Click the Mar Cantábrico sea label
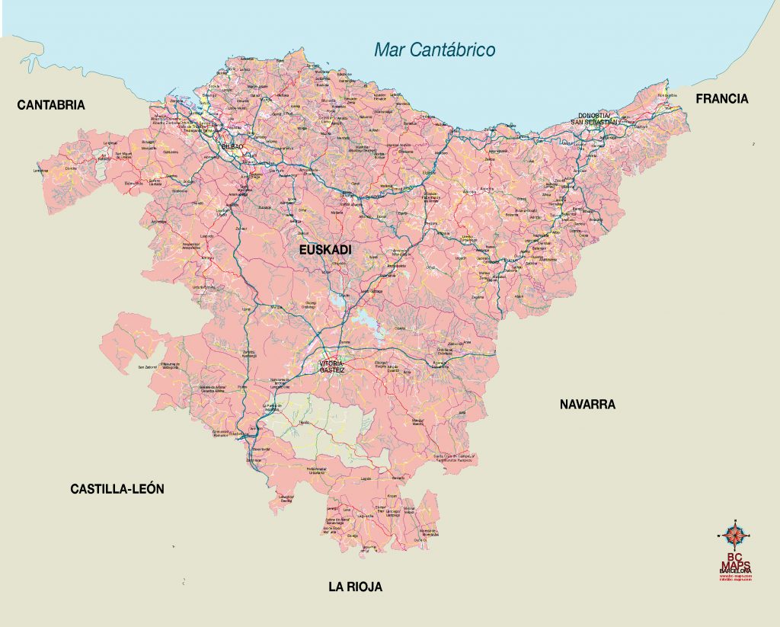coord(434,50)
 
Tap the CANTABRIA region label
coord(51,105)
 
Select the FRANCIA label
coord(721,98)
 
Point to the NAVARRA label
coord(587,405)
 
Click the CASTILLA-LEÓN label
coord(117,489)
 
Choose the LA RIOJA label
coord(355,587)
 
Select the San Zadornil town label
coord(147,368)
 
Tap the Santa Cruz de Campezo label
coord(455,459)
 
